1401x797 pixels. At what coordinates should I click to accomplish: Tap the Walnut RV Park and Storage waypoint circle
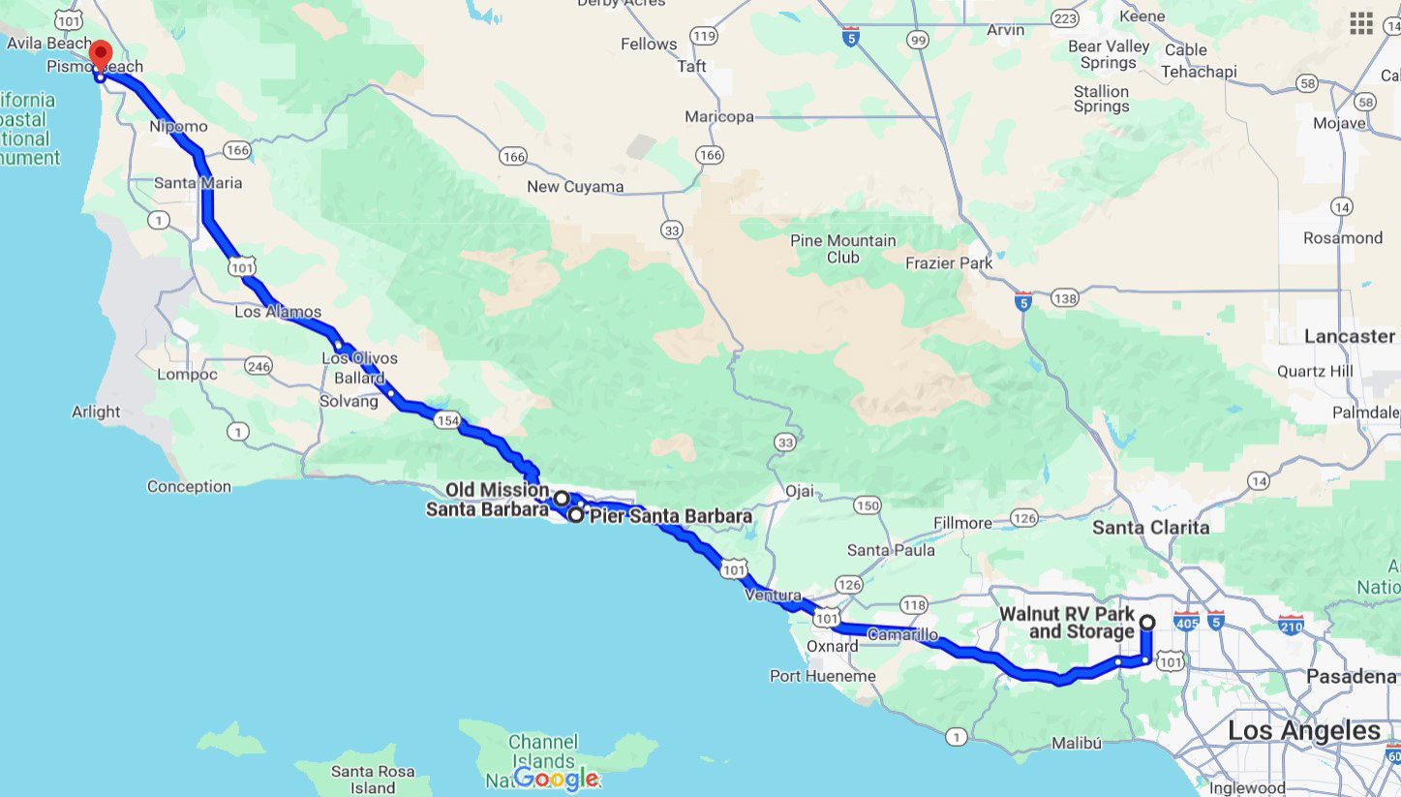(x=1147, y=622)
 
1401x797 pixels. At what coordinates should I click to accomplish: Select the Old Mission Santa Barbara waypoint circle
(x=562, y=498)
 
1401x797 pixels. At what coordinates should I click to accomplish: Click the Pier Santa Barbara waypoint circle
(x=576, y=515)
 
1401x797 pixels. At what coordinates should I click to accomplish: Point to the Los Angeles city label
(x=1304, y=730)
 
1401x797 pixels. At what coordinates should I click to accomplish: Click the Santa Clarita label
(x=1151, y=528)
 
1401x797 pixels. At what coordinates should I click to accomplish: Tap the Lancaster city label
(x=1350, y=336)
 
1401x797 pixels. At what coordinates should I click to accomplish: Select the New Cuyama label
(x=575, y=187)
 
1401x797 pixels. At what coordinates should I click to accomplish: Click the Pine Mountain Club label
(x=842, y=249)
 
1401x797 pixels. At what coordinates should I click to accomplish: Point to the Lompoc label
(x=187, y=374)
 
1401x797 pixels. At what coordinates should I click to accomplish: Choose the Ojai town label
(x=799, y=491)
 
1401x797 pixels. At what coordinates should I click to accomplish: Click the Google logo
(x=556, y=778)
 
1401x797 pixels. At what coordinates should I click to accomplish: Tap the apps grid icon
(x=1361, y=23)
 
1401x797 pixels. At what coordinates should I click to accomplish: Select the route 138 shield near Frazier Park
(x=1064, y=298)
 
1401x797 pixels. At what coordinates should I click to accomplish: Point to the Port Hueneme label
(x=822, y=676)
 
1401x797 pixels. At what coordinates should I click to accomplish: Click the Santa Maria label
(x=198, y=183)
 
